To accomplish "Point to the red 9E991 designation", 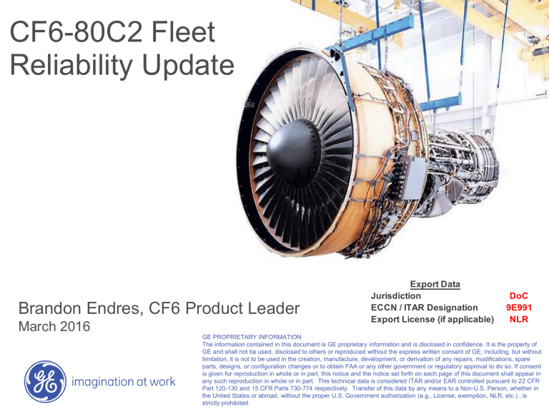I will [519, 307].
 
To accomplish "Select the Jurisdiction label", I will [396, 295].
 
